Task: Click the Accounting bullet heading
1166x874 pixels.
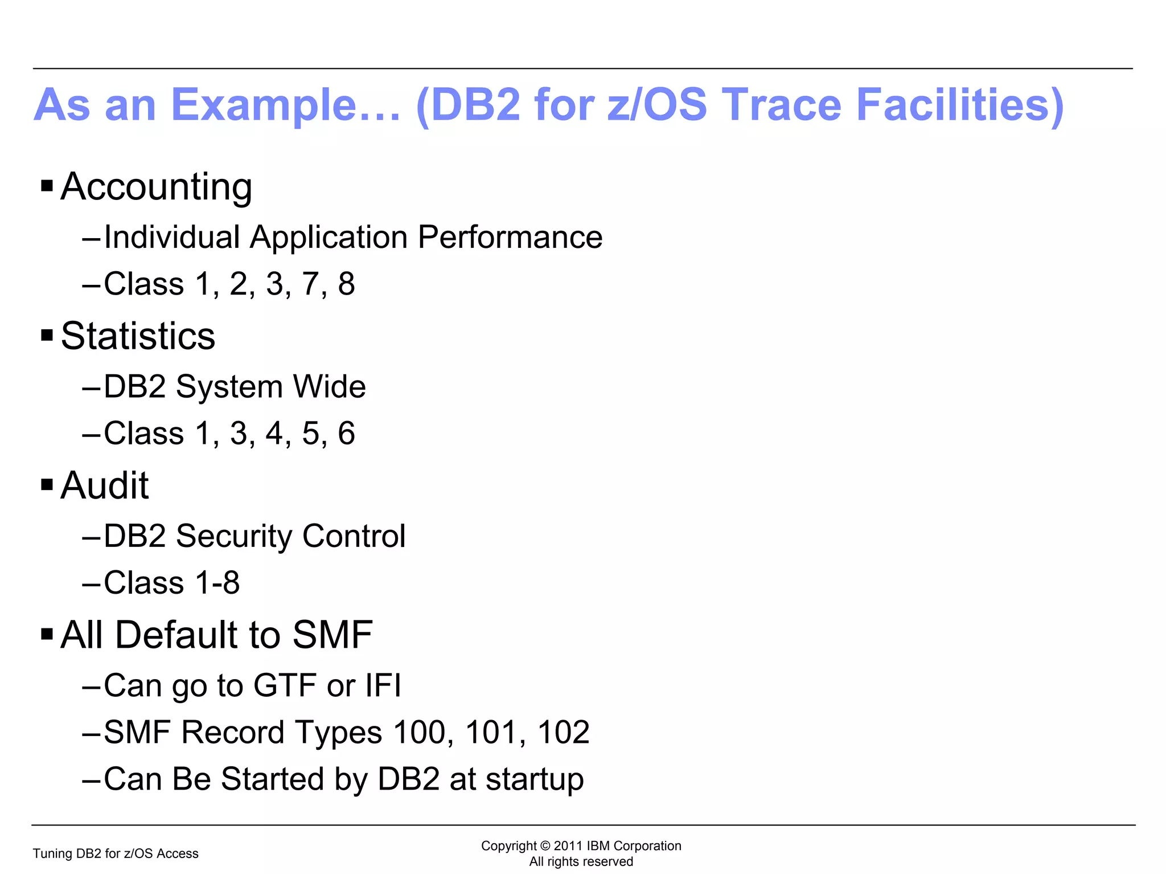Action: pyautogui.click(x=156, y=187)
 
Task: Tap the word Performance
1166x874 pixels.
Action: pyautogui.click(x=510, y=237)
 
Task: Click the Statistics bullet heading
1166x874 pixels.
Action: pyautogui.click(x=138, y=336)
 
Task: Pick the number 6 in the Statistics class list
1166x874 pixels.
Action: pyautogui.click(x=346, y=434)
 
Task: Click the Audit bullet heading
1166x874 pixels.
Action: pyautogui.click(x=105, y=486)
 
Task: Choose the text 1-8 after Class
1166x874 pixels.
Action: pyautogui.click(x=217, y=583)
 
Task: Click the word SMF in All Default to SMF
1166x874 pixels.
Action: pyautogui.click(x=332, y=635)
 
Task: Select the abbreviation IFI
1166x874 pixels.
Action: pyautogui.click(x=383, y=685)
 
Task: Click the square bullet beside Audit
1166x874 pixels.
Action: pyautogui.click(x=47, y=485)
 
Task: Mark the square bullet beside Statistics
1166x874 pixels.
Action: pyautogui.click(x=47, y=335)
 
